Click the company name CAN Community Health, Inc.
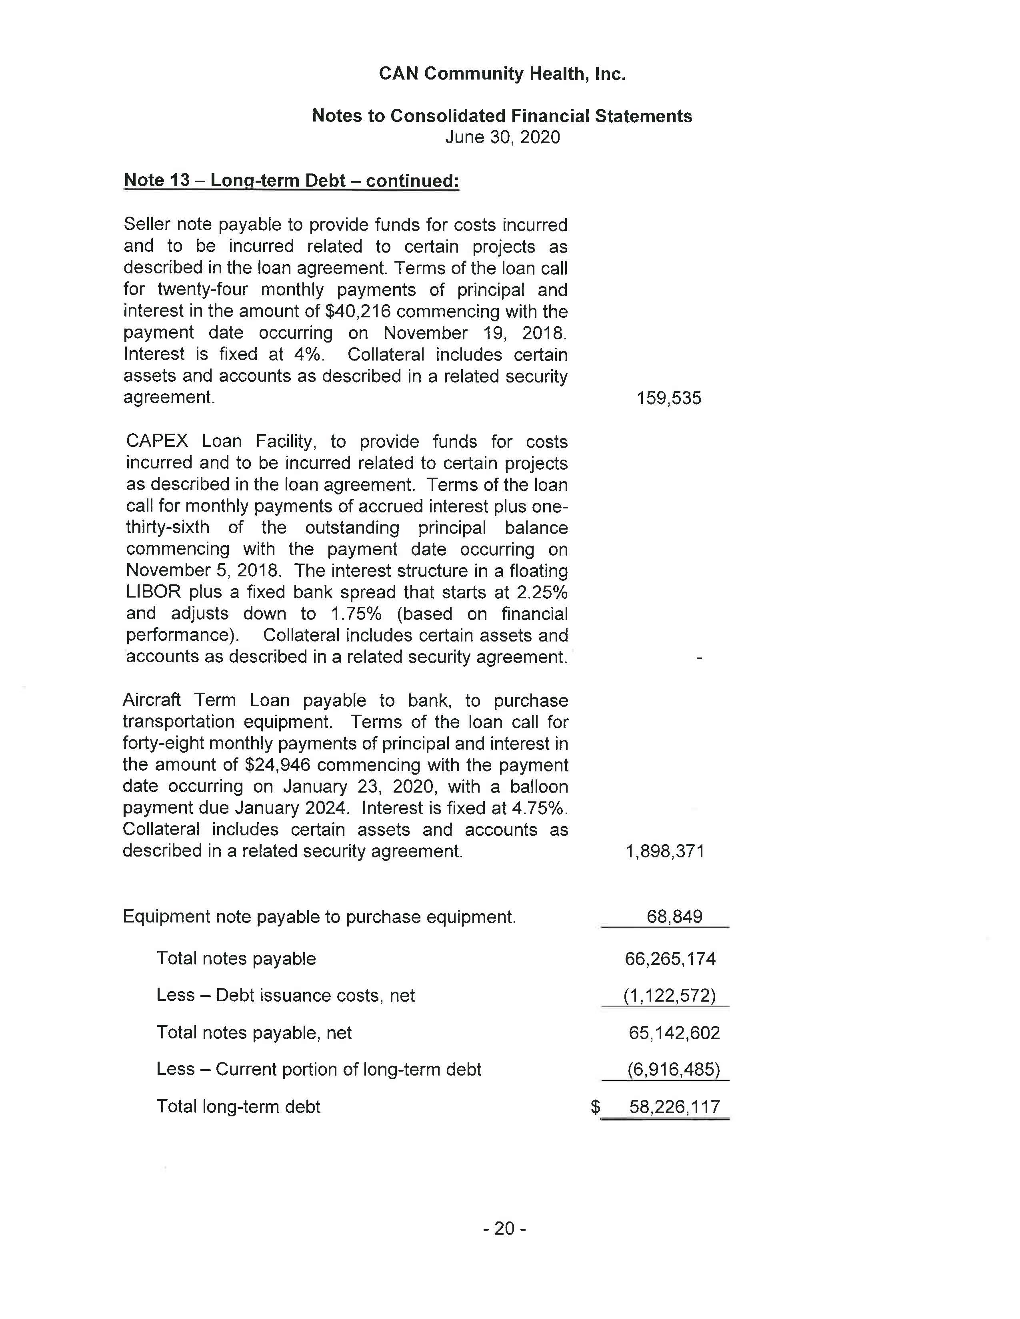502,74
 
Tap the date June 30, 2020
502,137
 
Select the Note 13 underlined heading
291,181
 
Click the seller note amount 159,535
669,398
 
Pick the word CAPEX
157,442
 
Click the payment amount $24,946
277,765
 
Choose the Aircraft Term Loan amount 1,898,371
665,851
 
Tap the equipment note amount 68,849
674,917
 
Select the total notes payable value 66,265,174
670,959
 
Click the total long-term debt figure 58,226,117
674,1107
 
